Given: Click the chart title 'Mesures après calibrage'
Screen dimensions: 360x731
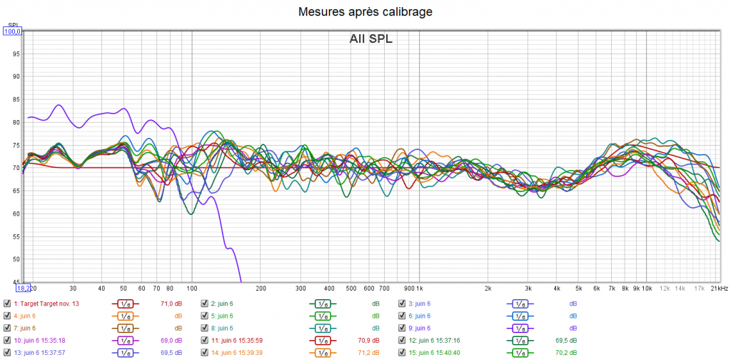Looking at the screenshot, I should pyautogui.click(x=365, y=11).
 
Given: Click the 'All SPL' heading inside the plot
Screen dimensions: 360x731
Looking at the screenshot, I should pyautogui.click(x=371, y=39).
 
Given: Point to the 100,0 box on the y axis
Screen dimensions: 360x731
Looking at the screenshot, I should pyautogui.click(x=13, y=31).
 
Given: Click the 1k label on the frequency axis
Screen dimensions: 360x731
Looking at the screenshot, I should pyautogui.click(x=419, y=289).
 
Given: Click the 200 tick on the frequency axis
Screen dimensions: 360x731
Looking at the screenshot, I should pyautogui.click(x=261, y=289).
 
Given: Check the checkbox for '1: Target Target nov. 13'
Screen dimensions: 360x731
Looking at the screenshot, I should pyautogui.click(x=7, y=304).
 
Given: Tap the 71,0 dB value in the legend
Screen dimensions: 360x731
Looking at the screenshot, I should pyautogui.click(x=172, y=304).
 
